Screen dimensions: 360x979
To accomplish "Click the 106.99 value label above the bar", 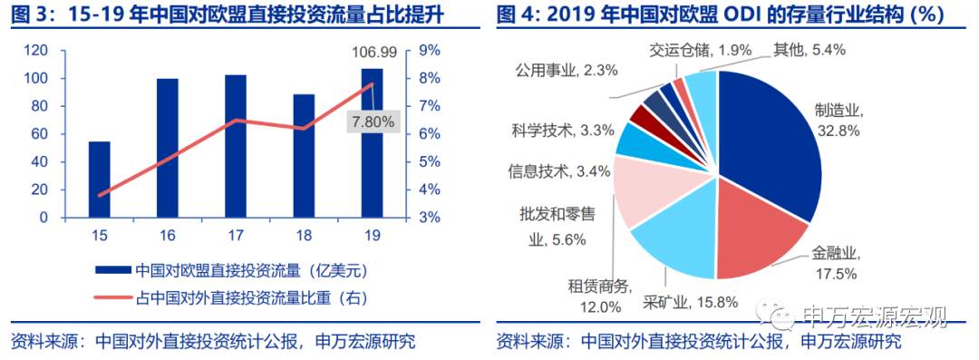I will point(372,57).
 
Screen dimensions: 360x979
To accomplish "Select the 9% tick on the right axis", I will point(428,51).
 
